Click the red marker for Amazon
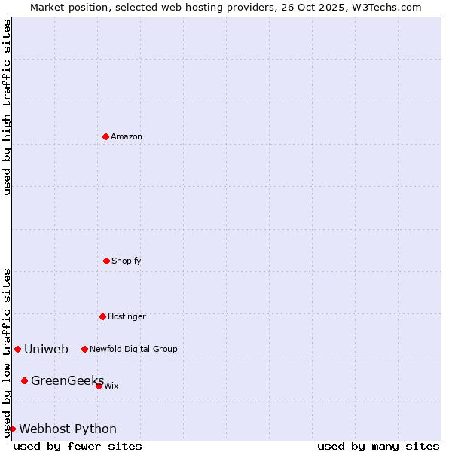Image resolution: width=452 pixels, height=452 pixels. click(105, 136)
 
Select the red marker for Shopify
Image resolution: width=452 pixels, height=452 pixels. click(106, 261)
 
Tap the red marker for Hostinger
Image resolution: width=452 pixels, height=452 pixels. click(102, 316)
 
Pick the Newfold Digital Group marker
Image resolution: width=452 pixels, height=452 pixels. click(84, 349)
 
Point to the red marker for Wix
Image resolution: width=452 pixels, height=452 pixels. click(99, 386)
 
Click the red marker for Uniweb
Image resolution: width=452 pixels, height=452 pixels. click(17, 349)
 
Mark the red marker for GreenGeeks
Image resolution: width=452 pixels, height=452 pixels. click(24, 380)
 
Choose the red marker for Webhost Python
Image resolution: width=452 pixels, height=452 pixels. click(12, 429)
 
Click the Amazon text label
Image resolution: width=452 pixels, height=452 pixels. click(127, 137)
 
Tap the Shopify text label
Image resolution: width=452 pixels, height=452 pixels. click(127, 261)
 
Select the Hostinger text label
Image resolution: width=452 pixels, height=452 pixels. click(127, 317)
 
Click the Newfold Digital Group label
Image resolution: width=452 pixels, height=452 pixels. click(133, 350)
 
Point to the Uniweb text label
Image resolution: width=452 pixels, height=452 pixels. click(46, 350)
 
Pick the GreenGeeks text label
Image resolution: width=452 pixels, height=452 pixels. click(67, 381)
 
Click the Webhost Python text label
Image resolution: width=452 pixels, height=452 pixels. click(68, 429)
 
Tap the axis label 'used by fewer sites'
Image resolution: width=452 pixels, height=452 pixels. click(78, 446)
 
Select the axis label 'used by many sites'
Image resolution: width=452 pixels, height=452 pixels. click(378, 446)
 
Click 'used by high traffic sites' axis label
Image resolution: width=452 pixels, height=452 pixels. click(7, 107)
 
